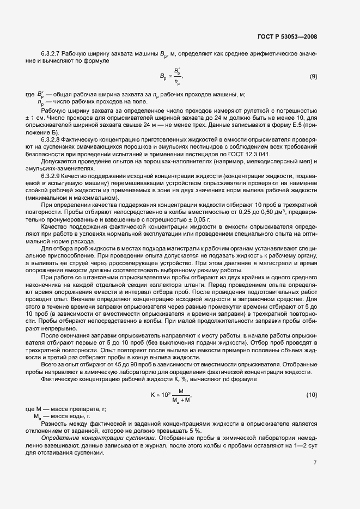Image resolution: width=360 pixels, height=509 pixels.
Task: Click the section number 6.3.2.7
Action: (x=52, y=54)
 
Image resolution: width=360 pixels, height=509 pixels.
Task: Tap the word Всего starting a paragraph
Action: (x=50, y=365)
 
